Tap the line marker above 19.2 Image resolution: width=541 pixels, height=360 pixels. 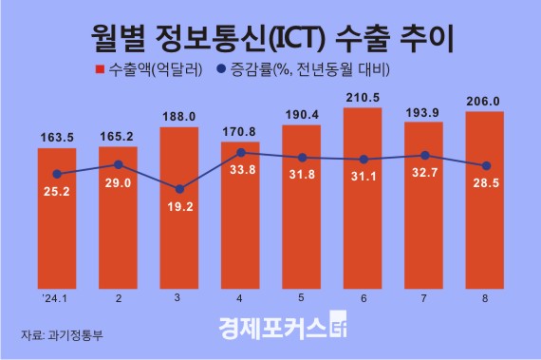click(179, 188)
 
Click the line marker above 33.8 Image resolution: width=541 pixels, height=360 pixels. click(240, 152)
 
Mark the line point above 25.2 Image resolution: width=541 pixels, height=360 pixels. click(57, 174)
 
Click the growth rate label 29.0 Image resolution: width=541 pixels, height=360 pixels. click(119, 181)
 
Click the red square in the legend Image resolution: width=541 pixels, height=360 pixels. click(100, 69)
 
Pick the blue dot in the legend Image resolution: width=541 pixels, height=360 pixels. click(222, 69)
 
